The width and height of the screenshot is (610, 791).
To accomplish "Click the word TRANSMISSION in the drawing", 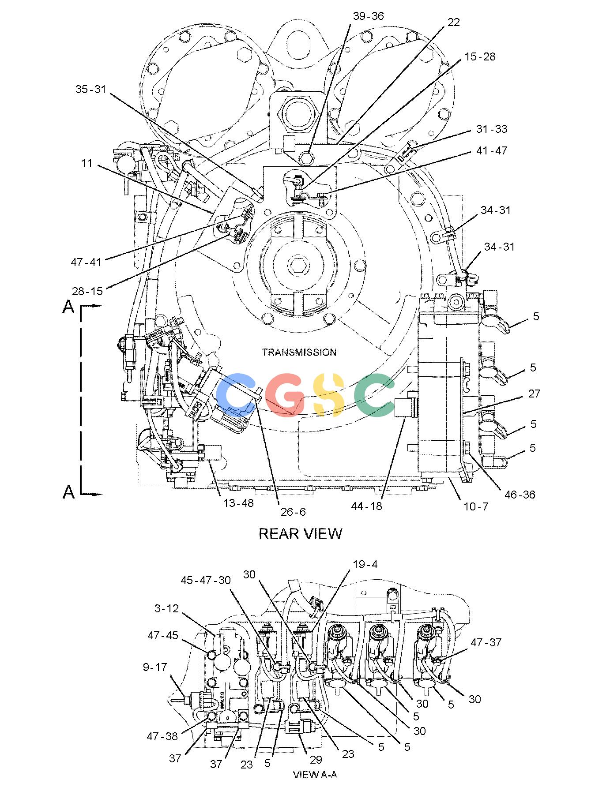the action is [299, 352].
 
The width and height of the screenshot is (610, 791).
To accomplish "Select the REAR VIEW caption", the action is [300, 534].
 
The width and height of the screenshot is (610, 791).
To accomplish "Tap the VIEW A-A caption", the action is [315, 775].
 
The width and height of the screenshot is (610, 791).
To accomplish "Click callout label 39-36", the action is [368, 16].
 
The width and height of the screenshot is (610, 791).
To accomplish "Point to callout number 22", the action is [453, 22].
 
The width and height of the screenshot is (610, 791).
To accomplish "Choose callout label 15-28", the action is [479, 57].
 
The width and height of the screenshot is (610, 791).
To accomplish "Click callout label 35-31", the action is [90, 89].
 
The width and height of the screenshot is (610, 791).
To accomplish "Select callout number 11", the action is [87, 163].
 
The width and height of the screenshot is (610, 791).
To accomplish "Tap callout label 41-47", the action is [492, 150].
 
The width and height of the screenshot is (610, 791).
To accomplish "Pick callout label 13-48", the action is [238, 503].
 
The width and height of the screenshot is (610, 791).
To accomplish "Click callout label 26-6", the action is [293, 512].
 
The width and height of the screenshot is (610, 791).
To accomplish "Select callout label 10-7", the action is [476, 507].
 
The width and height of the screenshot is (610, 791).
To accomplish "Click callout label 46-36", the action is [520, 495].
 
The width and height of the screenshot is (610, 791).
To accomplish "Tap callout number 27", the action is [534, 394].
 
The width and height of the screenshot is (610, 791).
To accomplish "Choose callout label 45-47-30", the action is [206, 580].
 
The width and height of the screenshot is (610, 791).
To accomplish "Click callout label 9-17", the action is [155, 667].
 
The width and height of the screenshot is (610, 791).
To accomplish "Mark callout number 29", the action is [316, 760].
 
